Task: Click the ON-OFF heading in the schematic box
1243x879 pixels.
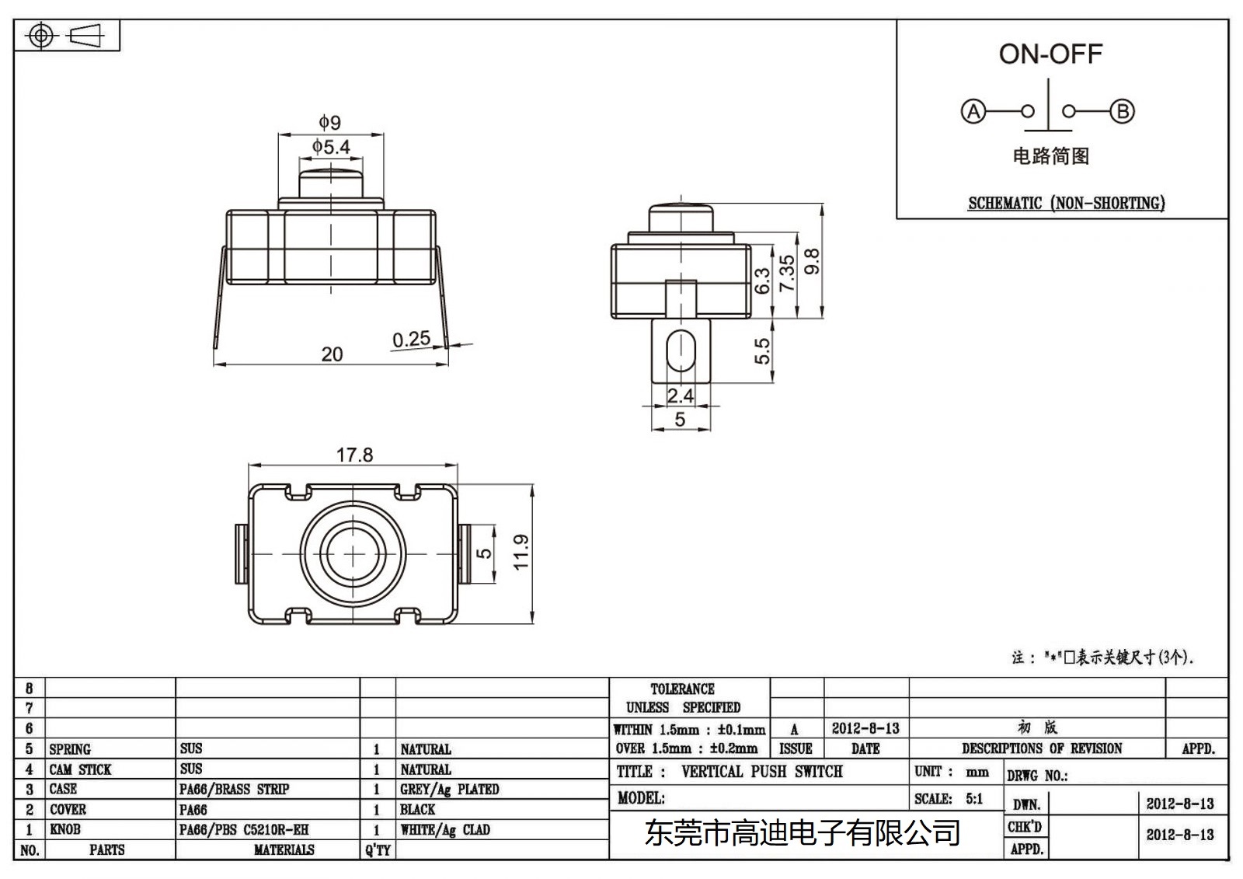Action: tap(1050, 54)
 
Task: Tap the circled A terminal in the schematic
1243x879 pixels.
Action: tap(973, 111)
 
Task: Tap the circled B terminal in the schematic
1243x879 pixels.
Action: tap(1122, 111)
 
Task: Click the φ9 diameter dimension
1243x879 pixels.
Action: tap(329, 122)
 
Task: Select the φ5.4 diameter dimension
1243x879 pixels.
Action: tap(331, 146)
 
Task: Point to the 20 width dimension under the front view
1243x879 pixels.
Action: tap(332, 354)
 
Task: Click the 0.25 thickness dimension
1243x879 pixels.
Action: tap(411, 339)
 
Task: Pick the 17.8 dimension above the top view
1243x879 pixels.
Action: tap(354, 455)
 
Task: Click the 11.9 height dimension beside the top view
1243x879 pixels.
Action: tap(521, 552)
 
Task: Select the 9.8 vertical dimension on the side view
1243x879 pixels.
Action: tap(811, 261)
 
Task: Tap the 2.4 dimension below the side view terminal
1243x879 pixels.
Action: tap(680, 396)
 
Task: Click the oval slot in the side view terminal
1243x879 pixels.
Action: tap(681, 351)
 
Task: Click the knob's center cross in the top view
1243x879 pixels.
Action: tap(353, 553)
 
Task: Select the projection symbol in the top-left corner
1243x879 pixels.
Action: tap(66, 36)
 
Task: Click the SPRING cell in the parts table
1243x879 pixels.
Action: tap(70, 749)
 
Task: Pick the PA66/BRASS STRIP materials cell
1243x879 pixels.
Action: tap(234, 789)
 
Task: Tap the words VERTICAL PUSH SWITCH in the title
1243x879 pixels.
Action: tap(761, 772)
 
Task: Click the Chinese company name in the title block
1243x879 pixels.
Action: tap(803, 833)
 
